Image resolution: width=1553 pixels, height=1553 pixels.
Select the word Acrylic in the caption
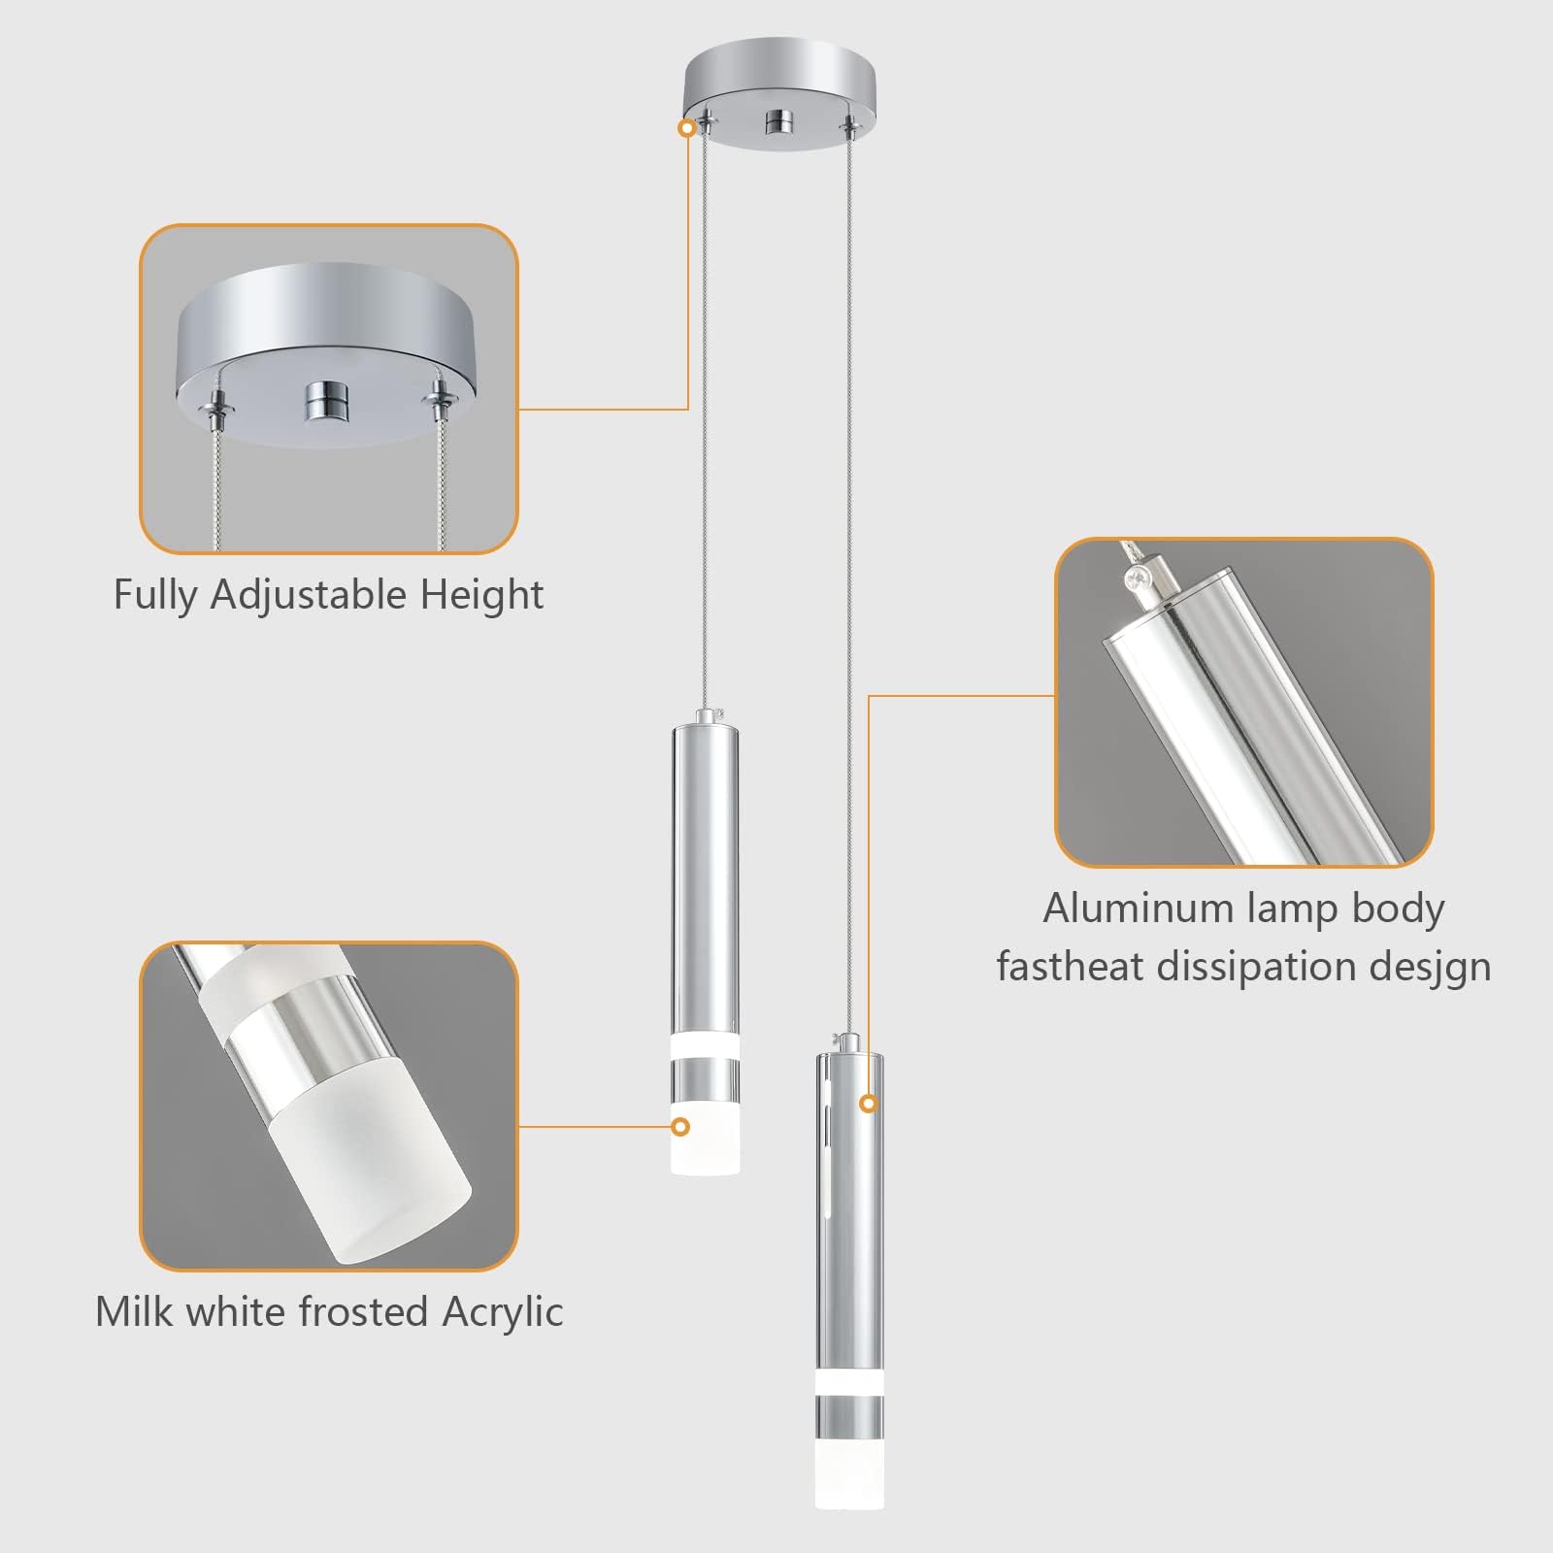(502, 1312)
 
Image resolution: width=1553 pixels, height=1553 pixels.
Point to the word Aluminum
(1137, 909)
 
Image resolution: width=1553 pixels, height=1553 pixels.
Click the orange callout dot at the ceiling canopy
(688, 127)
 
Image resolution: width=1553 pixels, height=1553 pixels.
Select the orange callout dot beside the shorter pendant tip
(680, 1127)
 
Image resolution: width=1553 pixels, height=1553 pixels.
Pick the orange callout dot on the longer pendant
(869, 1103)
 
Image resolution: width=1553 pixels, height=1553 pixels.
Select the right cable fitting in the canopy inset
(443, 398)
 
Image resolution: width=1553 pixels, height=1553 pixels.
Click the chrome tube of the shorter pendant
(705, 874)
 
